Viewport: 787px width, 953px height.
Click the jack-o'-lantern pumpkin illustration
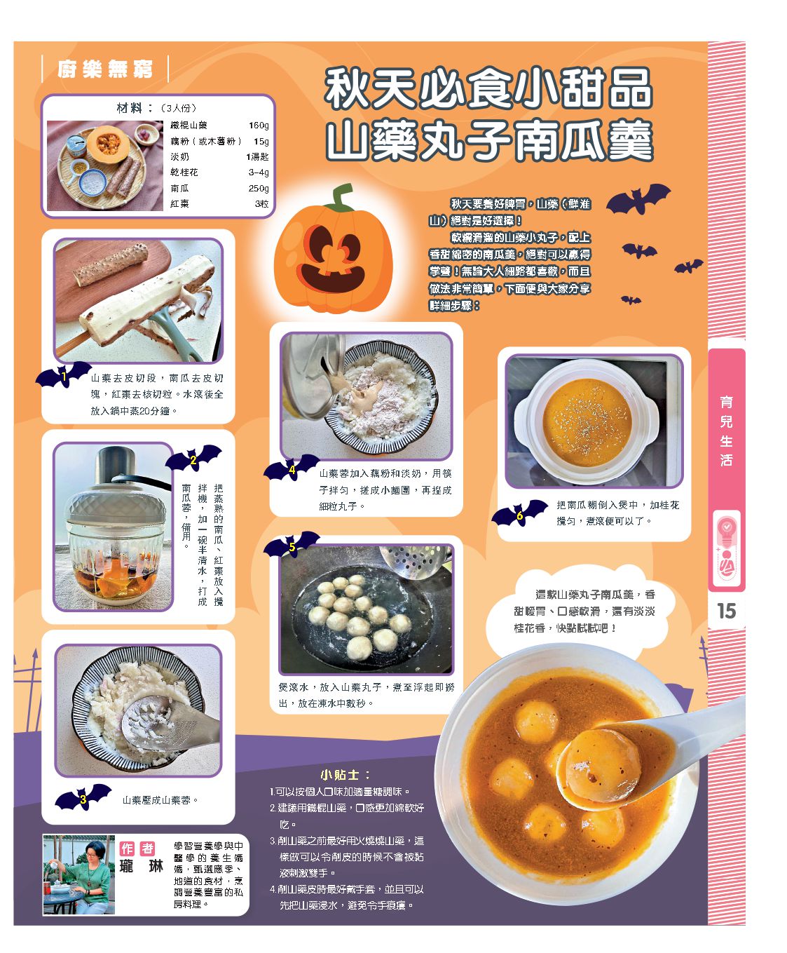(x=334, y=250)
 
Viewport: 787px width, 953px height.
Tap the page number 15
(x=726, y=611)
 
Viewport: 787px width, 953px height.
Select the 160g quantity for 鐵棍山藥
(x=259, y=125)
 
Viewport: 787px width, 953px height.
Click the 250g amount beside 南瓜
(x=259, y=188)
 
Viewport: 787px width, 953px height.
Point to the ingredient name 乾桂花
(x=184, y=172)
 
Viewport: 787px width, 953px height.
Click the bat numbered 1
(x=63, y=375)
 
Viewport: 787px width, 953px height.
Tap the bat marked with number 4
(x=292, y=468)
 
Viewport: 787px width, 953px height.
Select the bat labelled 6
(x=520, y=513)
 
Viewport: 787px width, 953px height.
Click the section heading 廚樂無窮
(x=105, y=69)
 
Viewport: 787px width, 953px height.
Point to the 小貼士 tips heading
(x=345, y=775)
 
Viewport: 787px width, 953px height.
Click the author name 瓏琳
(x=142, y=866)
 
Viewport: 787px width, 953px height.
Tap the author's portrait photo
(x=79, y=874)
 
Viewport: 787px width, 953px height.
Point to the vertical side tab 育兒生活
(x=726, y=431)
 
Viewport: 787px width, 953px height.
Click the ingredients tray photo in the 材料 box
(x=105, y=165)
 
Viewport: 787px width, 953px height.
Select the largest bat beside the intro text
(x=638, y=198)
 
